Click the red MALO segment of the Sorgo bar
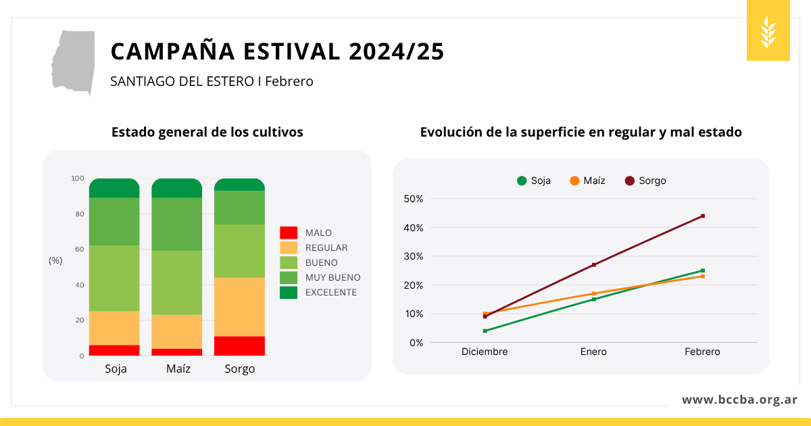point(239,346)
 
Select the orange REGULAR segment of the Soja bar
point(114,328)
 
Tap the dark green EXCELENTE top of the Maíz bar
point(176,188)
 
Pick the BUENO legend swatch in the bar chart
point(289,262)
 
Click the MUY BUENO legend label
point(333,277)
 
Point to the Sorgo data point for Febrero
point(703,216)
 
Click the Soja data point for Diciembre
point(485,331)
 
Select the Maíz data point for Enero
point(593,293)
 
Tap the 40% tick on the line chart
point(413,228)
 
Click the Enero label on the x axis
point(593,352)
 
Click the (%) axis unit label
point(55,260)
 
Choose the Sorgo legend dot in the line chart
point(630,181)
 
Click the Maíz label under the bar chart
point(178,369)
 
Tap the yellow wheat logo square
point(768,31)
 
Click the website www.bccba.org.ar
point(739,400)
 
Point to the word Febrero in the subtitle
point(289,81)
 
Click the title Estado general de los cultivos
point(207,133)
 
